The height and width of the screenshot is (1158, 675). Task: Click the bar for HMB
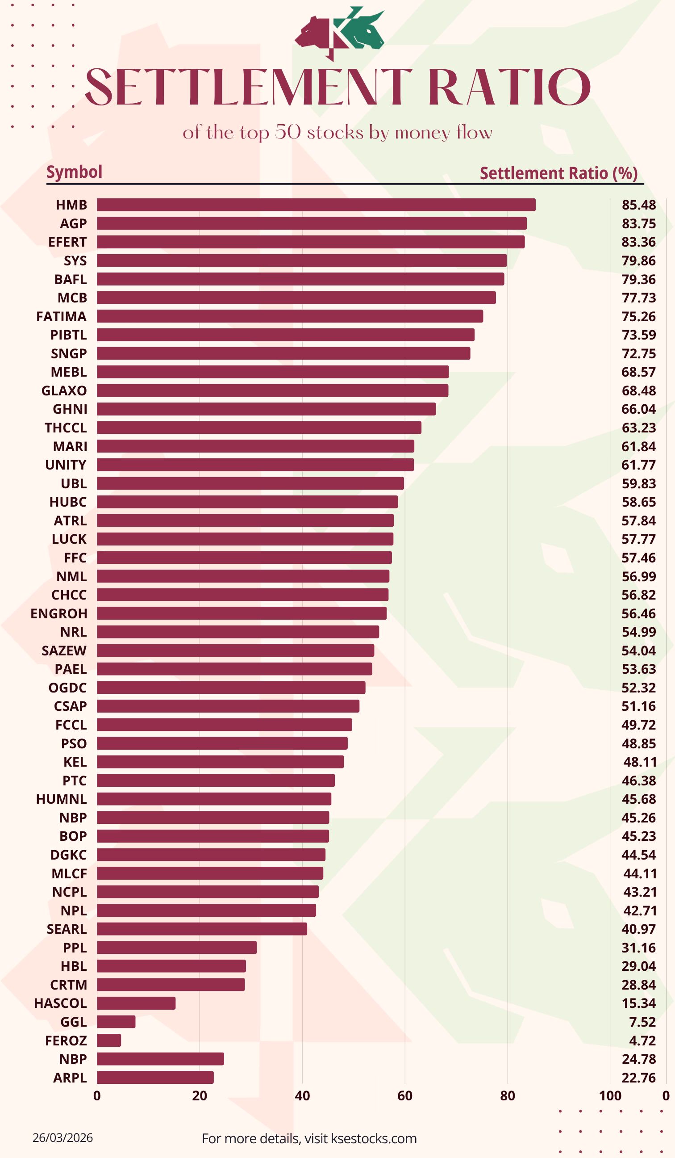316,205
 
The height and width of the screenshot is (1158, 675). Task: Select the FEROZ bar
109,1041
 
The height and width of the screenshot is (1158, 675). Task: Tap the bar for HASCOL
136,1003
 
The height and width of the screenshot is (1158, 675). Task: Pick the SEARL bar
202,929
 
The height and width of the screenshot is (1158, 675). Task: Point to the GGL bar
116,1022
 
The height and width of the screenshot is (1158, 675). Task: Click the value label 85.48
639,205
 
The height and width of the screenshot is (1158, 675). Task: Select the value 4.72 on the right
642,1041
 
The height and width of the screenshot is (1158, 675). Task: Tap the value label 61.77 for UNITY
639,465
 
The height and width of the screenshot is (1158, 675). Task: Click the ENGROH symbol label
59,613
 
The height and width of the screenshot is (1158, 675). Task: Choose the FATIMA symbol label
62,317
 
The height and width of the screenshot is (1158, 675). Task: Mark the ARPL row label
70,1078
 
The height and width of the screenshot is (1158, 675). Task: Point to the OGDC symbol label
67,688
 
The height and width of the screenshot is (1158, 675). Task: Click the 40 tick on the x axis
302,1096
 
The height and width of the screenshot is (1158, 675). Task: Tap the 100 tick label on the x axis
610,1096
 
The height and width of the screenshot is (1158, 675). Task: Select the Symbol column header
75,172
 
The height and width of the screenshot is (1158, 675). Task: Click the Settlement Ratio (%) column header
558,173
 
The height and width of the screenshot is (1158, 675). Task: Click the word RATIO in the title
509,87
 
